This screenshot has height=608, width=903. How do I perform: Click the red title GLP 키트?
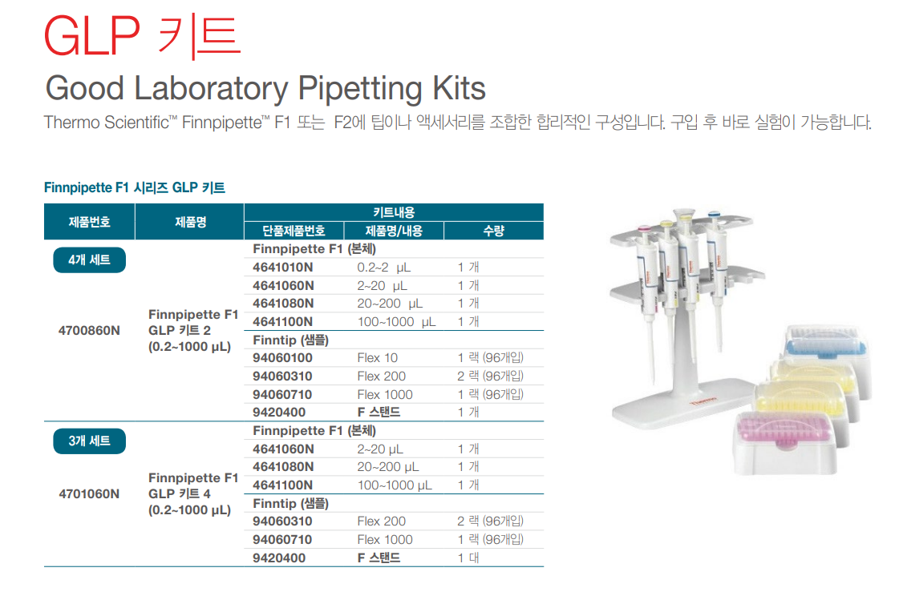pos(142,36)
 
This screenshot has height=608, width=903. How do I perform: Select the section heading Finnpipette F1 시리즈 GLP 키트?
pos(135,187)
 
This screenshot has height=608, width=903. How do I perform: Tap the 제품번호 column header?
pos(89,221)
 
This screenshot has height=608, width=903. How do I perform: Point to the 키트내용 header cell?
pos(394,212)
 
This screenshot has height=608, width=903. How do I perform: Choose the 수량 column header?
pos(493,231)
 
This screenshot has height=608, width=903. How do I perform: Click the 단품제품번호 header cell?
pos(294,231)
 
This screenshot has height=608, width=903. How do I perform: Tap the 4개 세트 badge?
pos(89,260)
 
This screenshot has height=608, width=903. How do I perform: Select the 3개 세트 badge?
pos(89,441)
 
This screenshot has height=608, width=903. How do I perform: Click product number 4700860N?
pos(89,330)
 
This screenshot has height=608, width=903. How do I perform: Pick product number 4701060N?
pos(89,493)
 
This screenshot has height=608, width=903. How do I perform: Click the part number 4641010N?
pos(283,268)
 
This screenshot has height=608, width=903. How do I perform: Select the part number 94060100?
pos(282,358)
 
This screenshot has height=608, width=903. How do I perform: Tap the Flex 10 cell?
pos(377,358)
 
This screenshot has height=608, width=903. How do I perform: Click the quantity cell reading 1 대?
pos(468,558)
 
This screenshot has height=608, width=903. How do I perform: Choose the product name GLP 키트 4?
pos(180,493)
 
